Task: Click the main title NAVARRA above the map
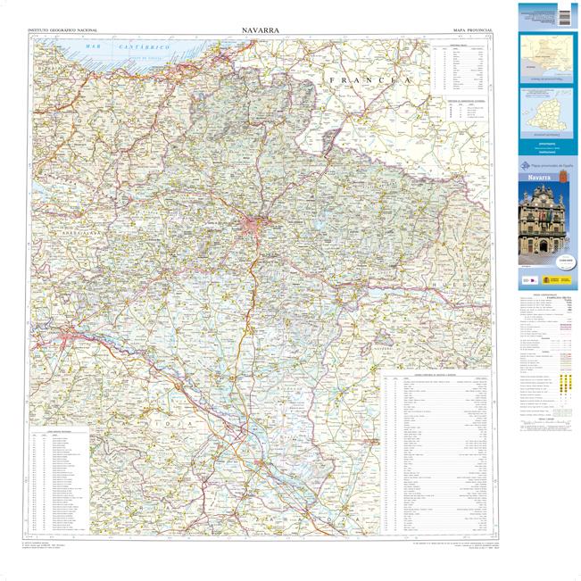(260, 29)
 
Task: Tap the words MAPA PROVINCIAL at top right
(466, 30)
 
